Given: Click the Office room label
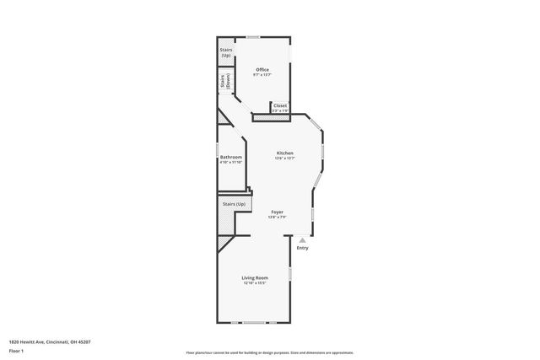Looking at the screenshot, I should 262,69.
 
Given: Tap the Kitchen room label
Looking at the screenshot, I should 285,153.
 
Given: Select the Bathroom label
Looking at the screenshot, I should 231,157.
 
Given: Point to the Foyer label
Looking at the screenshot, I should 277,212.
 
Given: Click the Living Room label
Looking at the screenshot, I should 255,277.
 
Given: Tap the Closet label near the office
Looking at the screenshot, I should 280,105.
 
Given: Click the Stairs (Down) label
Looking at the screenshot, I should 225,83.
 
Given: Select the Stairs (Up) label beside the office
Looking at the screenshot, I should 226,52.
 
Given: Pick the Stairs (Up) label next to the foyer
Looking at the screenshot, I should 234,204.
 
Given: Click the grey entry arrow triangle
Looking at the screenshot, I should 302,240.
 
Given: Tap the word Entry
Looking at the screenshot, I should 302,248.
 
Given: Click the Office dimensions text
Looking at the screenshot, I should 262,75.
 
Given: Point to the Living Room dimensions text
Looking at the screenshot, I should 255,283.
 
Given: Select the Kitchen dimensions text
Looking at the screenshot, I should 285,159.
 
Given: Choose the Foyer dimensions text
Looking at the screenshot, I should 277,218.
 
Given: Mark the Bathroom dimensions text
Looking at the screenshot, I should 231,162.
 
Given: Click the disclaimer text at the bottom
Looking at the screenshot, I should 270,352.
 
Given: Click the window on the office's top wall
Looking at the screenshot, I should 253,36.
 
